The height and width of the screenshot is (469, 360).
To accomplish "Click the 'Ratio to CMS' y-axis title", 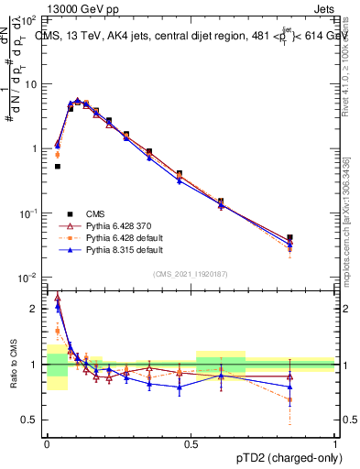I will [x=15, y=364].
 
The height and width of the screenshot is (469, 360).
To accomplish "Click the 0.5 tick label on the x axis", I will [x=191, y=442].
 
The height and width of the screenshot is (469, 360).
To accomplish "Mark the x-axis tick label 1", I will [x=335, y=442].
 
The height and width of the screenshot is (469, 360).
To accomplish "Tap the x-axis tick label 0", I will [x=47, y=442].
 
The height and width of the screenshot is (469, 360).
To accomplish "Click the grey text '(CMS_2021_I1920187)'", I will [x=191, y=274].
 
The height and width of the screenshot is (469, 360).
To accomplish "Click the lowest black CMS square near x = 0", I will [x=57, y=166].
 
